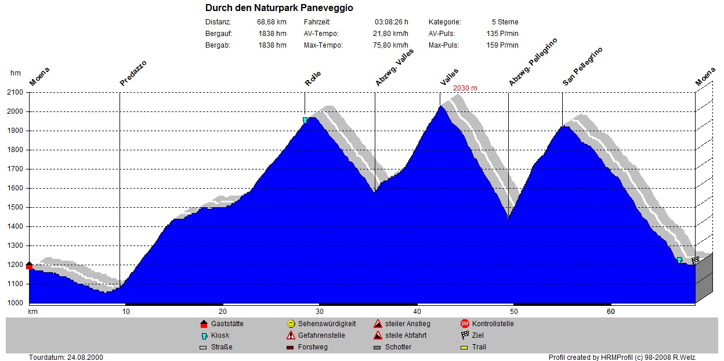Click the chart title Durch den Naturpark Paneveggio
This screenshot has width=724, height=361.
[279, 8]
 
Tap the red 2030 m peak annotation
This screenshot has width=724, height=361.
[465, 88]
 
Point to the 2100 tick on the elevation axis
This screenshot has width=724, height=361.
[15, 92]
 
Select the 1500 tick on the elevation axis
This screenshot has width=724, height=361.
[15, 207]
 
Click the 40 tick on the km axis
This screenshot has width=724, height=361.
[417, 312]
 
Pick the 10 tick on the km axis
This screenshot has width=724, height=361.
[126, 312]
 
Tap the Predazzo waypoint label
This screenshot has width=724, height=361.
[133, 74]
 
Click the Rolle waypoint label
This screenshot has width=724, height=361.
[313, 79]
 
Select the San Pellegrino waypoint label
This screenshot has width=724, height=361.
[582, 67]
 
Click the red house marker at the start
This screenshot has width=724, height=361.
[29, 265]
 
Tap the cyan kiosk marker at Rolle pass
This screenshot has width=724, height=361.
[305, 120]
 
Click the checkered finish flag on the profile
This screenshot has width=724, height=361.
[695, 261]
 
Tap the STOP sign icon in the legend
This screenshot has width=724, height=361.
[465, 324]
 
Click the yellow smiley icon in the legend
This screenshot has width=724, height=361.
[291, 324]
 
